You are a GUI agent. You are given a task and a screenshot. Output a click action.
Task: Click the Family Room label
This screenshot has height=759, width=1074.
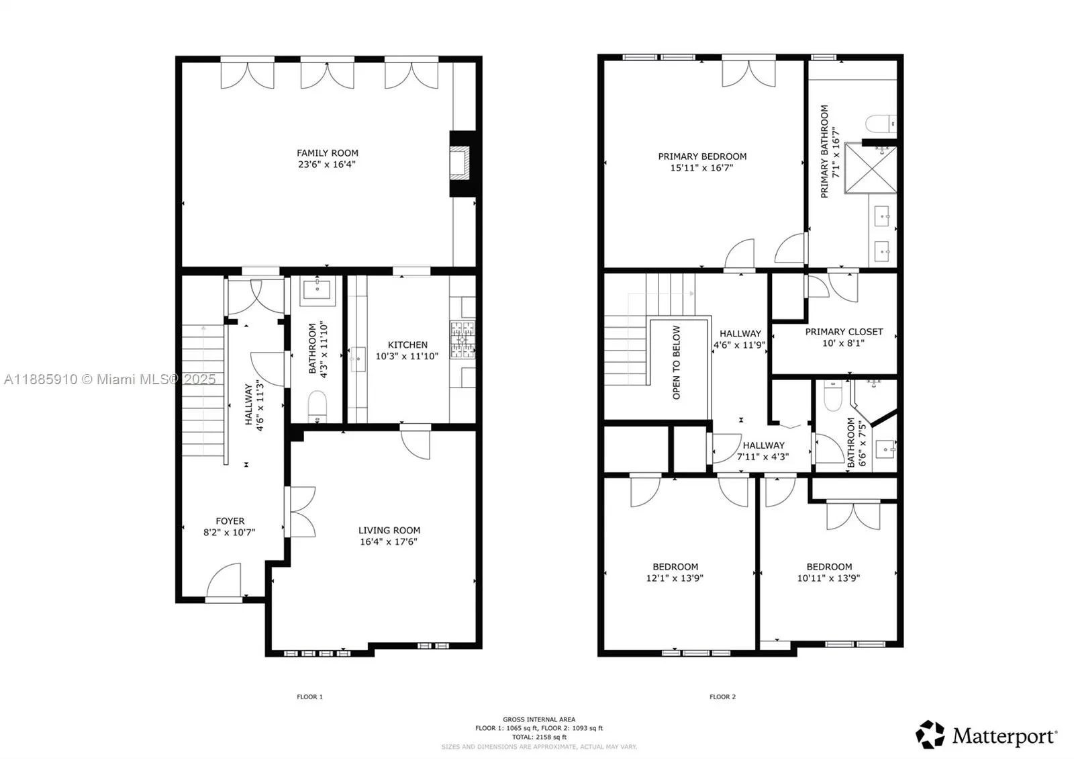(x=328, y=153)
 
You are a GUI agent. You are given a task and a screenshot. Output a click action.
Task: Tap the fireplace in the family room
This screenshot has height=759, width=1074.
(x=461, y=163)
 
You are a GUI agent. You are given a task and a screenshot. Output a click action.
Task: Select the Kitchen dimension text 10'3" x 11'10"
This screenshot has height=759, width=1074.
(x=407, y=357)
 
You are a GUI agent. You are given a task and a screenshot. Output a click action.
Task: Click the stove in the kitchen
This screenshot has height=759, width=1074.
(x=461, y=338)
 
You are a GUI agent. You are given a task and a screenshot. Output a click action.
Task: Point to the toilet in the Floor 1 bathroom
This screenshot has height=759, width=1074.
(x=316, y=406)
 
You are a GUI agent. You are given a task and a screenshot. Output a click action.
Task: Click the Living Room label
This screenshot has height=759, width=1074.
(x=389, y=530)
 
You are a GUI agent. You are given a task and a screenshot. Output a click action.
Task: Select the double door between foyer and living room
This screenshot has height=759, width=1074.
(x=301, y=512)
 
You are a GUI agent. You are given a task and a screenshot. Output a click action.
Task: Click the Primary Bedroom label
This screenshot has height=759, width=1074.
(x=702, y=157)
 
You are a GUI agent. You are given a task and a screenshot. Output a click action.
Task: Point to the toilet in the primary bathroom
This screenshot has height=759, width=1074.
(x=880, y=124)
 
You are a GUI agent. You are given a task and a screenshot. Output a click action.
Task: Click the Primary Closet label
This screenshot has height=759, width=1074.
(x=844, y=332)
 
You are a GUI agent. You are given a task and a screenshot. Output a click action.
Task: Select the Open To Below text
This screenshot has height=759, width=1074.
(x=677, y=363)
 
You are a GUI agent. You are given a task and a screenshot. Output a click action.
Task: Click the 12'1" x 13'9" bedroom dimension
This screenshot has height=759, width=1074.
(x=675, y=578)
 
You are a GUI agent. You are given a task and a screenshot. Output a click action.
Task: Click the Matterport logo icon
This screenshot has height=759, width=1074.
(x=930, y=735)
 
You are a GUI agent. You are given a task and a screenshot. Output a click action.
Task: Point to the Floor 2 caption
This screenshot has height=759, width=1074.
(x=722, y=697)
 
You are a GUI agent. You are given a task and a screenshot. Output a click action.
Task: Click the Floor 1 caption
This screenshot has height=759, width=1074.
(x=309, y=697)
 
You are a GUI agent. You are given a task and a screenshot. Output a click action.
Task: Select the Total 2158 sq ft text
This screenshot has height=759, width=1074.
(x=539, y=737)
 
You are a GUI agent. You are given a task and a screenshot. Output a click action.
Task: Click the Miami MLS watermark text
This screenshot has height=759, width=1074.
(x=110, y=379)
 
